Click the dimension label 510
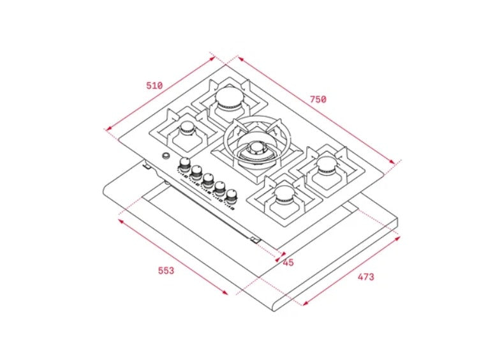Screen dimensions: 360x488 click(x=154, y=86)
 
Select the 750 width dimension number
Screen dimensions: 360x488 click(x=318, y=99)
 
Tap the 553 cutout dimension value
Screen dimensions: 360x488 click(x=166, y=270)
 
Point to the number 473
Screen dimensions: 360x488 click(x=366, y=276)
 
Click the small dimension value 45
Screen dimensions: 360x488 click(x=288, y=262)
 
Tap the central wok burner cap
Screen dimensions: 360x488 click(x=256, y=149)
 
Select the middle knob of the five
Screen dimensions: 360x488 click(x=208, y=179)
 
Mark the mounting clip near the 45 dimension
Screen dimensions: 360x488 click(x=256, y=239)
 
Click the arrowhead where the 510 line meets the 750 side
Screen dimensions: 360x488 click(x=214, y=57)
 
